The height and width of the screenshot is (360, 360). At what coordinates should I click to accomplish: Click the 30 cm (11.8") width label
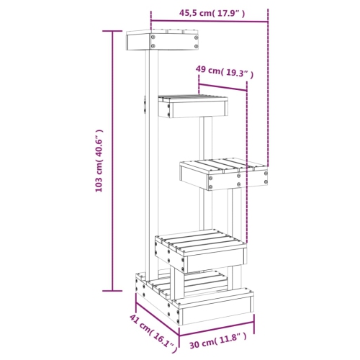pos(220,337)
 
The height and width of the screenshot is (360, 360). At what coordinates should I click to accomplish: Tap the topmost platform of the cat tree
pos(162,40)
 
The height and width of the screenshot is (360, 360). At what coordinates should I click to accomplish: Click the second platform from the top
pos(193,106)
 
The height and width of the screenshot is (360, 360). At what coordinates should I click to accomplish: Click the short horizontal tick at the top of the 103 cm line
pos(112,31)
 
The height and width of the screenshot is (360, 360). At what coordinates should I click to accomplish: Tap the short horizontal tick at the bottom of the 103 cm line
pos(112,290)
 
